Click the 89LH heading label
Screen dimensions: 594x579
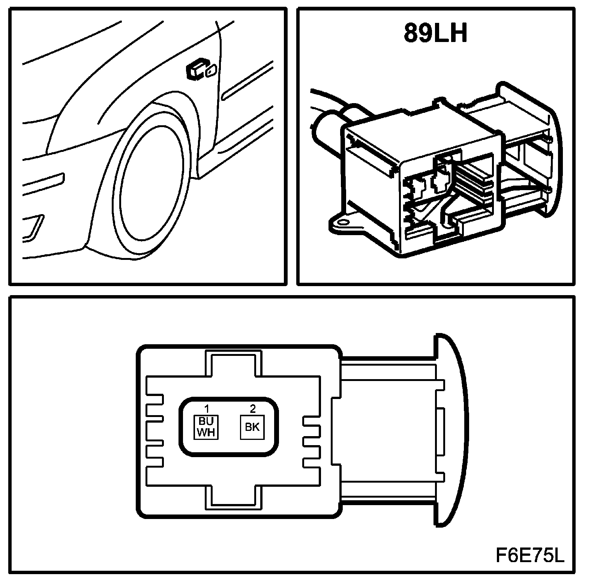[435, 33]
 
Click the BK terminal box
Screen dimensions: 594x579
[252, 427]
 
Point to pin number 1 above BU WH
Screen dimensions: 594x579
[206, 408]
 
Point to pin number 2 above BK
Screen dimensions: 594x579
[252, 408]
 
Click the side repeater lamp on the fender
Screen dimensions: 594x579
[201, 69]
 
